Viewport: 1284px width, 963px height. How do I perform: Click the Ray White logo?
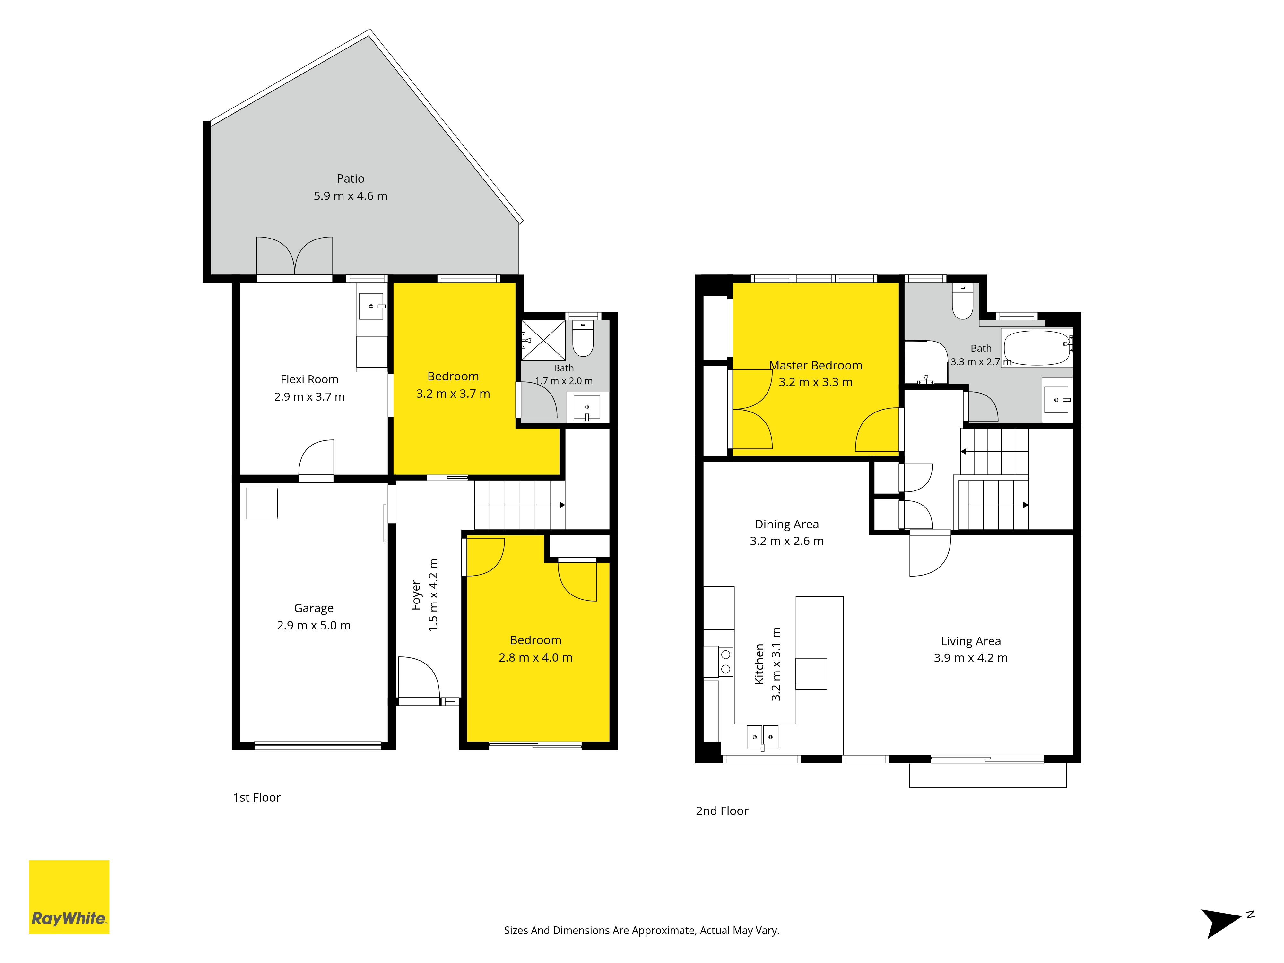coord(69,897)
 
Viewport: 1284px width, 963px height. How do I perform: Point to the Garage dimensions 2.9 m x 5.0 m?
coord(314,626)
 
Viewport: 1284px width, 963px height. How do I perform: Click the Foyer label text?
coord(416,595)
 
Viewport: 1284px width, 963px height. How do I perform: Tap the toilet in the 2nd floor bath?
coord(963,301)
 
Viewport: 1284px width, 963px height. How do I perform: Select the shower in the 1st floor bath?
coord(543,340)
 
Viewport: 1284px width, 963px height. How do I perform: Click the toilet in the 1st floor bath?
coord(583,338)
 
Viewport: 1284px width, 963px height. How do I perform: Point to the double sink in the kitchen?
coord(762,737)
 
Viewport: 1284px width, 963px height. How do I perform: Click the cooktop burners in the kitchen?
coord(725,662)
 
